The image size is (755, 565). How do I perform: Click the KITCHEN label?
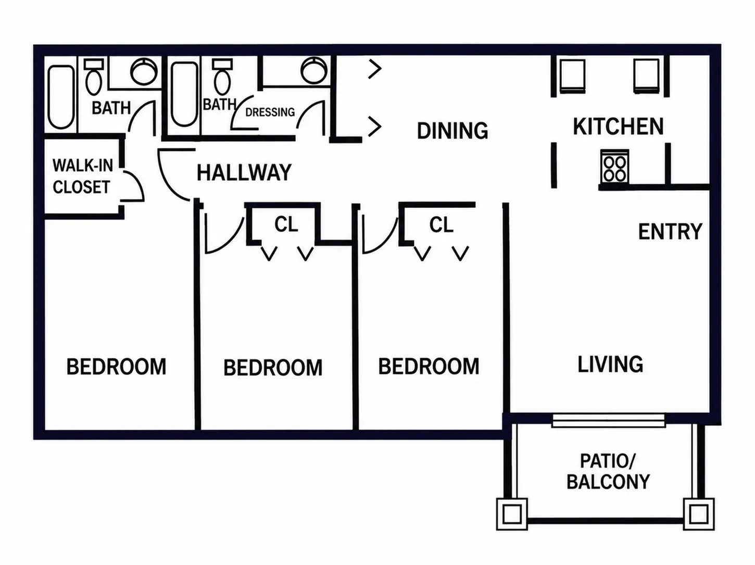[x=618, y=127]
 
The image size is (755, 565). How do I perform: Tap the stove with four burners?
[x=614, y=167]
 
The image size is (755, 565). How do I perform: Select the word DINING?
[x=452, y=131]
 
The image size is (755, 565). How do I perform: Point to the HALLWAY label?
[x=244, y=173]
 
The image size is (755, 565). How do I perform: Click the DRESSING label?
[x=270, y=112]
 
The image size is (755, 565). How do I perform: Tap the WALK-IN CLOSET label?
[x=83, y=176]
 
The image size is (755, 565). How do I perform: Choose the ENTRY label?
[x=670, y=231]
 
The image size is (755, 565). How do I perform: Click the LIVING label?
[x=610, y=365]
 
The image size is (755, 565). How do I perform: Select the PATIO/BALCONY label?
[x=608, y=471]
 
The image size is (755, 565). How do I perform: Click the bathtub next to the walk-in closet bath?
[x=61, y=97]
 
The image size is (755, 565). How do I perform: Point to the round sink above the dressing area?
[x=314, y=70]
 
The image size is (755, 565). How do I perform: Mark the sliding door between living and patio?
[x=609, y=421]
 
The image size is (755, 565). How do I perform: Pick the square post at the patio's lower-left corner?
[x=512, y=514]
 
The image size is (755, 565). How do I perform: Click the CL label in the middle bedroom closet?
[x=286, y=224]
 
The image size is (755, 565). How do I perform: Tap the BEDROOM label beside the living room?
[x=429, y=366]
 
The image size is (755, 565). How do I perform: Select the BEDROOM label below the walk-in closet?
[x=116, y=367]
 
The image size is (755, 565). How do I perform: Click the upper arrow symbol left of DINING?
[x=375, y=69]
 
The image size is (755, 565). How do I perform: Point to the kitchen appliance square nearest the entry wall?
[x=647, y=76]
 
